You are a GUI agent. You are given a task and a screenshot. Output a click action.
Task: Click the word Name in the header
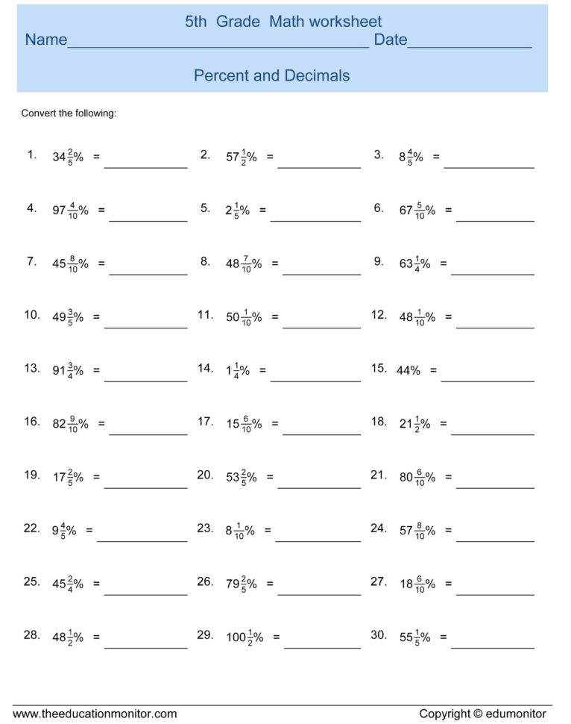(x=45, y=40)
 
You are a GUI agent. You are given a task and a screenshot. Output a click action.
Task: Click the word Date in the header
(x=390, y=40)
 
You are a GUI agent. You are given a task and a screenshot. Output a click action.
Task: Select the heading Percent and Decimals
(x=271, y=75)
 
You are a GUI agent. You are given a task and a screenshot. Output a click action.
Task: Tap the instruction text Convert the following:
(x=69, y=113)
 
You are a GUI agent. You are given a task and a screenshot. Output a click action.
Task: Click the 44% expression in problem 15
(x=408, y=370)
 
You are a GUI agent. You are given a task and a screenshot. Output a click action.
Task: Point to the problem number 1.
(x=32, y=155)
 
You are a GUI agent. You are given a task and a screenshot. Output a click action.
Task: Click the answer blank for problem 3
(x=488, y=166)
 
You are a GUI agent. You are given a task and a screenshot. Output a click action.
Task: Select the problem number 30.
(x=379, y=635)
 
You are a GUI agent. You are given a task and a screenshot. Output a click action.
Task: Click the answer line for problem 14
(x=315, y=380)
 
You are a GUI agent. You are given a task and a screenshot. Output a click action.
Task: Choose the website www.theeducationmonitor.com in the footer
(x=95, y=714)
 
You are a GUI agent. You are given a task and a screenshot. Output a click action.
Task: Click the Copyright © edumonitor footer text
(x=482, y=714)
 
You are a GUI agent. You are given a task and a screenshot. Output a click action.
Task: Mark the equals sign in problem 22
(x=89, y=531)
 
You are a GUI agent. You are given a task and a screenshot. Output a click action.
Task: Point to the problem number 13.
(x=32, y=369)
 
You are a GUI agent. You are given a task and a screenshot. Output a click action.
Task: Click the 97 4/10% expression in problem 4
(x=70, y=210)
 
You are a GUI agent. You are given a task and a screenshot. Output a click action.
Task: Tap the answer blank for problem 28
(x=145, y=647)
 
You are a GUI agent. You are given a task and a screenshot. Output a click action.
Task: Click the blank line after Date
(x=470, y=46)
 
